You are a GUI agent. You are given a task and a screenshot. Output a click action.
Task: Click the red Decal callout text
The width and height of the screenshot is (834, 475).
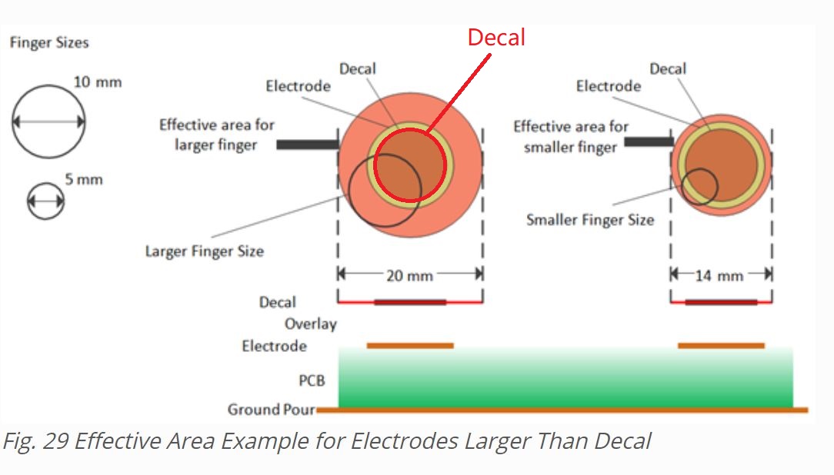pyautogui.click(x=496, y=38)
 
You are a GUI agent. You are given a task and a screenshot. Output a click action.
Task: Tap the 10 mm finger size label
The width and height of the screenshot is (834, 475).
pyautogui.click(x=98, y=81)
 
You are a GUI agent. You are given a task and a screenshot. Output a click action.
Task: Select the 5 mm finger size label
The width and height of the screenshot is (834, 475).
pyautogui.click(x=84, y=180)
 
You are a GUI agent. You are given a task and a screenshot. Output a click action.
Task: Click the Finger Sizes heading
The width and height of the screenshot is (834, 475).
pyautogui.click(x=49, y=42)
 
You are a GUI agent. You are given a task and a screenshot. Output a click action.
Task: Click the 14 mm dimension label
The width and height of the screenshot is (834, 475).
pyautogui.click(x=719, y=274)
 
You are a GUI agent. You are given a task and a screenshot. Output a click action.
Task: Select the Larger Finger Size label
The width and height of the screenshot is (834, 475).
pyautogui.click(x=204, y=251)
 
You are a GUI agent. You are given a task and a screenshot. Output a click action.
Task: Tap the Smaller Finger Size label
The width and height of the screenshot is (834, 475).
pyautogui.click(x=590, y=220)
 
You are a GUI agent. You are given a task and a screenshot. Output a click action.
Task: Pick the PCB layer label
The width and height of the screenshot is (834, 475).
pyautogui.click(x=312, y=380)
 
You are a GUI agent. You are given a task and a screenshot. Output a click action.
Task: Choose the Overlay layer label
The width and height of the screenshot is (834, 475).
pyautogui.click(x=310, y=324)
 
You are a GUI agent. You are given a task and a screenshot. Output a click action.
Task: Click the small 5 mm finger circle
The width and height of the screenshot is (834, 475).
pyautogui.click(x=46, y=201)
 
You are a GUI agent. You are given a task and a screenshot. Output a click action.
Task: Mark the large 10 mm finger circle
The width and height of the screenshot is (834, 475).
pyautogui.click(x=48, y=121)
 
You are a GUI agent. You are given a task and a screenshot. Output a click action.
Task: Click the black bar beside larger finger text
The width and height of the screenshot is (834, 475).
pyautogui.click(x=307, y=144)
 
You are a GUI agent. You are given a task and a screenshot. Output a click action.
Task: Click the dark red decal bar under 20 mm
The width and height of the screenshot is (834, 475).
pyautogui.click(x=410, y=302)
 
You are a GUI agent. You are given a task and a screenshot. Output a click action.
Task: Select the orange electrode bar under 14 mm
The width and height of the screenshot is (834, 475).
pyautogui.click(x=721, y=346)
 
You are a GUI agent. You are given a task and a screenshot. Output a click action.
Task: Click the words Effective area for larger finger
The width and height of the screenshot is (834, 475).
pyautogui.click(x=216, y=135)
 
